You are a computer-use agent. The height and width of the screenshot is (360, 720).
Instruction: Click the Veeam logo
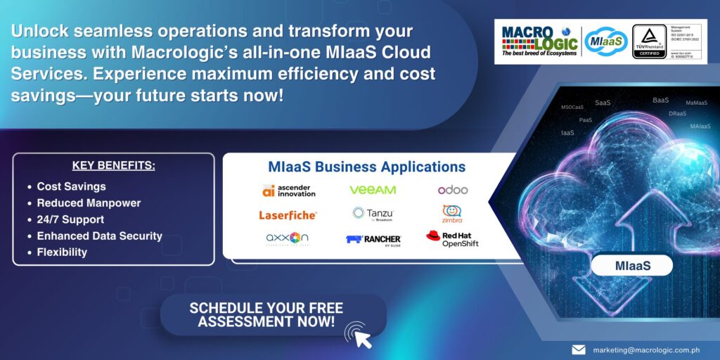tap(373, 190)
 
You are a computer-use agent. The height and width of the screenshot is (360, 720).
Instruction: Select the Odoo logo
tap(453, 190)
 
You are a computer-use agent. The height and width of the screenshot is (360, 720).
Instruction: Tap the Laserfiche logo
tap(288, 214)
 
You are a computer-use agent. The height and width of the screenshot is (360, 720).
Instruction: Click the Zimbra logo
tap(452, 213)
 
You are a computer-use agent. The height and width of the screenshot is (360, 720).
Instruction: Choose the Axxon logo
tap(287, 238)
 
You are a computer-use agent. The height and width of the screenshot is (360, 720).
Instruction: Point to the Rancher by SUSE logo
tap(373, 239)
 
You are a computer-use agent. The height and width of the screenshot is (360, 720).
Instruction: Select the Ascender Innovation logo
tap(288, 190)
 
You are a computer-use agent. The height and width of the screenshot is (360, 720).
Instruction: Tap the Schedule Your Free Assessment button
tap(266, 314)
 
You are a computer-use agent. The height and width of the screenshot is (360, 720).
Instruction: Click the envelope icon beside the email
tap(578, 349)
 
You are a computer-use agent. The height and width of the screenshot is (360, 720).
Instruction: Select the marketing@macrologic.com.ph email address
tap(646, 349)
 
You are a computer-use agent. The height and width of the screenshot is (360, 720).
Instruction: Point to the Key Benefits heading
tap(113, 166)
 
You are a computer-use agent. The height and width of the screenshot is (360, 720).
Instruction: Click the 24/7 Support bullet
tap(72, 219)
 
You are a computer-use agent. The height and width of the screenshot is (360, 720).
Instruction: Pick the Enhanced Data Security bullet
tap(99, 236)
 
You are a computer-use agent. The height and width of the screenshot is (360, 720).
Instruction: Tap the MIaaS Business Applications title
tap(366, 167)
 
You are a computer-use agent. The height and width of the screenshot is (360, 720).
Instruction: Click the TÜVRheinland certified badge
tap(649, 41)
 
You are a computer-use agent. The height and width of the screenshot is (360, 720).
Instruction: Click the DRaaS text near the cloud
tap(677, 114)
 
